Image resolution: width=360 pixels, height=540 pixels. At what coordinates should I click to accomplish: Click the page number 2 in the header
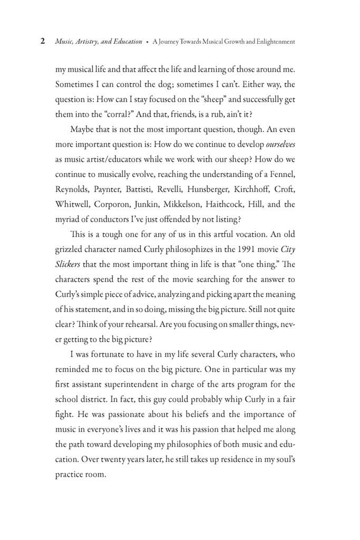coord(43,42)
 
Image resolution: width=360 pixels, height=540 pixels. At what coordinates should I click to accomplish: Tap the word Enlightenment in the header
coord(271,42)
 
